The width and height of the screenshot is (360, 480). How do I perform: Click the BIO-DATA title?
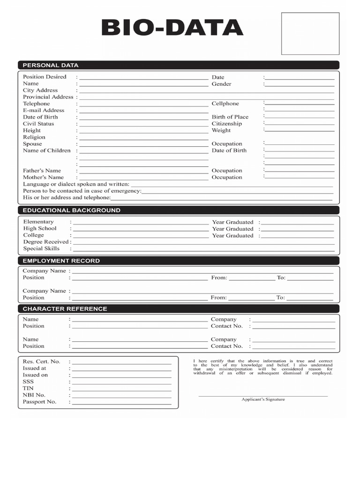click(x=172, y=28)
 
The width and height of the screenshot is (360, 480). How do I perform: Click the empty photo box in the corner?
click(x=310, y=34)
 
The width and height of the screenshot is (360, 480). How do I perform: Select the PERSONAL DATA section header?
click(x=51, y=65)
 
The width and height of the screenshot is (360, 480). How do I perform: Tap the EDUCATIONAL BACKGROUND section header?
click(x=71, y=210)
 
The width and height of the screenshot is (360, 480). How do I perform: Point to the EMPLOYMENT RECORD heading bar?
click(x=61, y=261)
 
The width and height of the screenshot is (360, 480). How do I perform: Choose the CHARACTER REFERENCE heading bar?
click(x=65, y=309)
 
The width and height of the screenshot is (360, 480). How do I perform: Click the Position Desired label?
click(x=45, y=77)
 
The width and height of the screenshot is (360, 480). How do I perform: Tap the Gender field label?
click(x=221, y=84)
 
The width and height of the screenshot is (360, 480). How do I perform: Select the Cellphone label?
click(x=225, y=104)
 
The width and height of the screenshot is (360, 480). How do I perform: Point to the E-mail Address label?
click(x=44, y=111)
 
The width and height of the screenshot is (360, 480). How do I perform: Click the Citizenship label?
click(x=226, y=124)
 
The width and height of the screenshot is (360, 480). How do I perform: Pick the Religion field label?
click(x=34, y=137)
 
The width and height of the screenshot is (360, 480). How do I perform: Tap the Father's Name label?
click(x=42, y=171)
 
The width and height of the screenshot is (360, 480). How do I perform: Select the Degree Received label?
click(x=45, y=242)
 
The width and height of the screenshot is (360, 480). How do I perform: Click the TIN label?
click(x=28, y=388)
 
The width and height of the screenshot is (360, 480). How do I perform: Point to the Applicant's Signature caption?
click(x=263, y=399)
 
